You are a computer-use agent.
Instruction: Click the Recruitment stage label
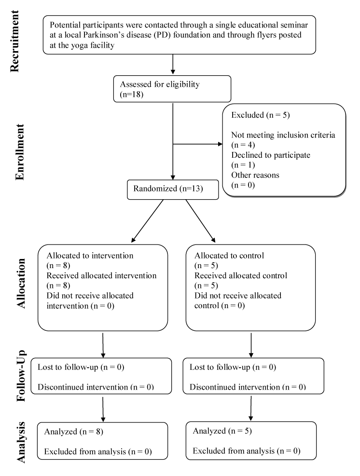point(14,41)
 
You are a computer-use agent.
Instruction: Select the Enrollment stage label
point(20,152)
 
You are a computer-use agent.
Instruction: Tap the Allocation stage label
point(21,283)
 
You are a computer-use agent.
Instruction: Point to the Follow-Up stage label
point(21,376)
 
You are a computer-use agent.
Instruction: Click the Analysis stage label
point(21,442)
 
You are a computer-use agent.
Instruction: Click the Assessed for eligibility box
point(172,89)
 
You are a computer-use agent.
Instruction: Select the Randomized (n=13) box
point(173,190)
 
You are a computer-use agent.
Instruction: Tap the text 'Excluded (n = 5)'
point(261,115)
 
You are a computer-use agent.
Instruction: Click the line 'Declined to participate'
point(271,155)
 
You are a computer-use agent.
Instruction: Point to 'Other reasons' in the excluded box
point(255,175)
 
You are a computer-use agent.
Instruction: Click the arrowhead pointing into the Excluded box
point(221,144)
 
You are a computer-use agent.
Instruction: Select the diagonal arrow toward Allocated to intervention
point(147,221)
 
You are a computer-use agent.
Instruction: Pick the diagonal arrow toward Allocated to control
point(200,221)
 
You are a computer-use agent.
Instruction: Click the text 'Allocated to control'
point(229,256)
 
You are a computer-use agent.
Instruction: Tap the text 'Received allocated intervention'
point(101,276)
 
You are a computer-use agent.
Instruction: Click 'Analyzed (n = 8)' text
point(73,432)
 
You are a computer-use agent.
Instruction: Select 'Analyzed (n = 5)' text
point(222,431)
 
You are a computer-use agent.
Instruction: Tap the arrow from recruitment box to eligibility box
point(173,64)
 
